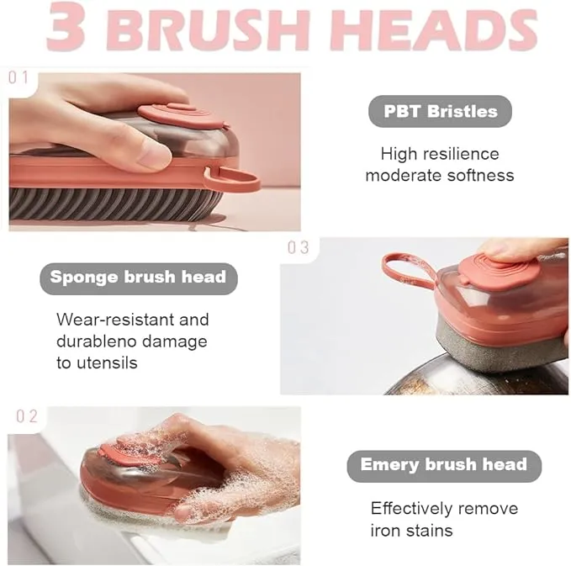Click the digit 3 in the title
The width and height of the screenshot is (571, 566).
click(66, 26)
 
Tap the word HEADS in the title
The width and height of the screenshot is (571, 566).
click(434, 29)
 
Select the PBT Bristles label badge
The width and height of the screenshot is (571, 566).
click(440, 112)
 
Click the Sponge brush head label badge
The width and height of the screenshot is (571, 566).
click(139, 278)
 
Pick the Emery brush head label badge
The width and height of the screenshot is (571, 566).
click(444, 466)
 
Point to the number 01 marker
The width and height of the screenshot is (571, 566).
click(19, 77)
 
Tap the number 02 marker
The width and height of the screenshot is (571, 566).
click(27, 416)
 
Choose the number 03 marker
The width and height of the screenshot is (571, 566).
click(299, 247)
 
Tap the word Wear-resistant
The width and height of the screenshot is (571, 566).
click(115, 320)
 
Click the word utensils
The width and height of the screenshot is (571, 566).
click(107, 362)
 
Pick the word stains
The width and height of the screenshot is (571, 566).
click(430, 531)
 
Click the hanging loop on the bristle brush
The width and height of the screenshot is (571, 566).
click(233, 180)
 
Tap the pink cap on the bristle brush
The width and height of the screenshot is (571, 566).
click(183, 116)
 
